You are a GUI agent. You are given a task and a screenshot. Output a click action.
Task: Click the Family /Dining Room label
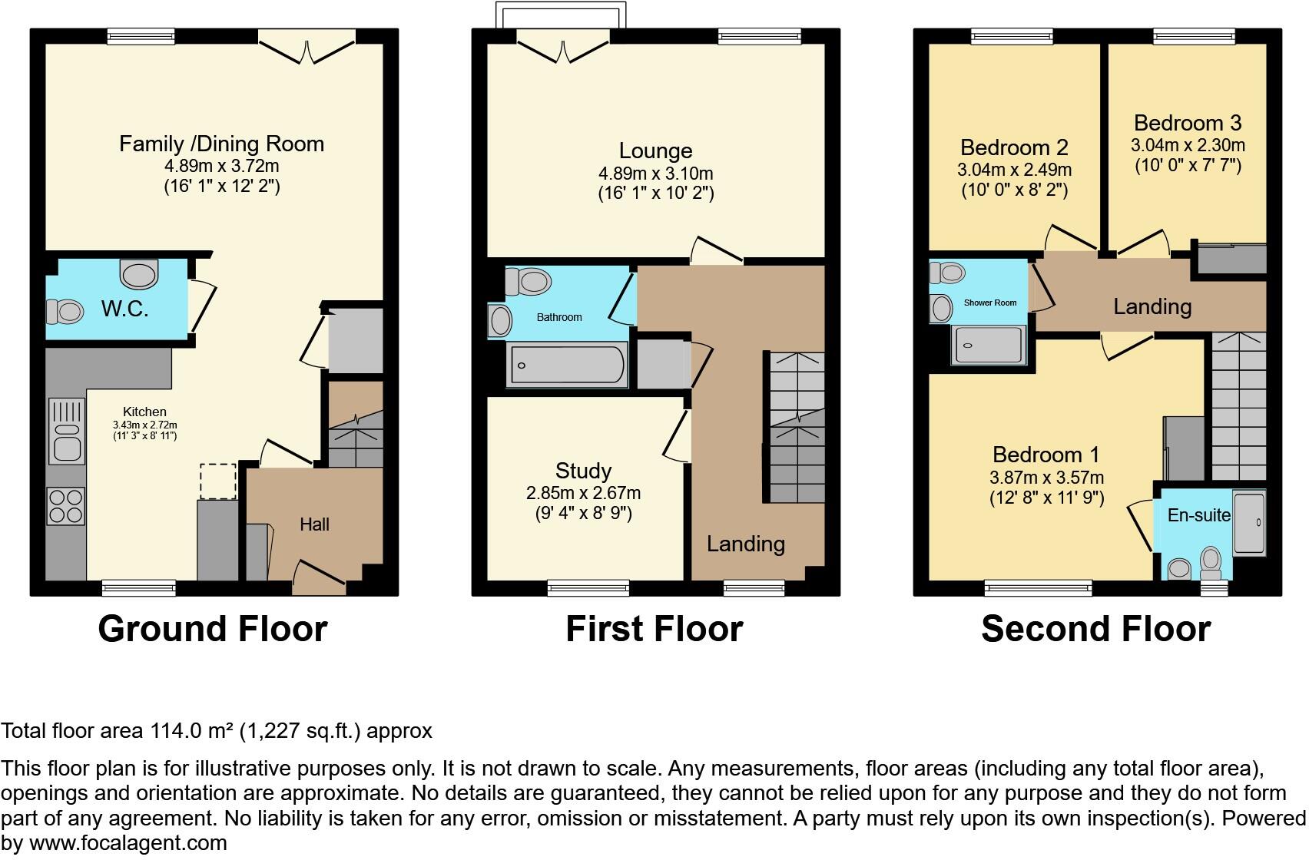[221, 144]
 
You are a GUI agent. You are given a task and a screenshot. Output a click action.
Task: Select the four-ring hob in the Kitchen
[66, 506]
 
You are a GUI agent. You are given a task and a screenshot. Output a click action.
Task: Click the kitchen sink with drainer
[67, 431]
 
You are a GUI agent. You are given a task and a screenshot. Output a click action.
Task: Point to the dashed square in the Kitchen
[217, 481]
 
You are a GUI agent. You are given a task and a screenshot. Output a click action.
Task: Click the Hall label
[314, 524]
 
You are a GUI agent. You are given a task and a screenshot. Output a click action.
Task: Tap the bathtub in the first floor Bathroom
[568, 365]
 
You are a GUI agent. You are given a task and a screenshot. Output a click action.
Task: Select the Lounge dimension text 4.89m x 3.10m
[655, 174]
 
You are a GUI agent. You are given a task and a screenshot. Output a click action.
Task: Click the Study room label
[583, 471]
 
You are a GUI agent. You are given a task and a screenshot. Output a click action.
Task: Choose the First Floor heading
[654, 629]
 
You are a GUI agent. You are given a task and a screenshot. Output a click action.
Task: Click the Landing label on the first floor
[745, 544]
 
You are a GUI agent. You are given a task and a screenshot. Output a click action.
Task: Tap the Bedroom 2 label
[1014, 147]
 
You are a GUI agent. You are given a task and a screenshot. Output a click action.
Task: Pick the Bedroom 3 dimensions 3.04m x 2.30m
[1188, 145]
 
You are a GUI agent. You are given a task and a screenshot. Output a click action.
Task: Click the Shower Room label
[989, 303]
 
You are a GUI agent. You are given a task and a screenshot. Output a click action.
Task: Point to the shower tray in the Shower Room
[989, 345]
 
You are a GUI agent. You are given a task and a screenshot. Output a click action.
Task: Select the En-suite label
[1198, 515]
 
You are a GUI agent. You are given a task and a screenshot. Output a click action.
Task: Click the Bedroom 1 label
[1046, 455]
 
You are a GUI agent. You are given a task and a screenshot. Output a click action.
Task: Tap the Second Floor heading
[1095, 629]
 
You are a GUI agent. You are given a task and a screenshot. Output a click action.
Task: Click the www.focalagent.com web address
[128, 843]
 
